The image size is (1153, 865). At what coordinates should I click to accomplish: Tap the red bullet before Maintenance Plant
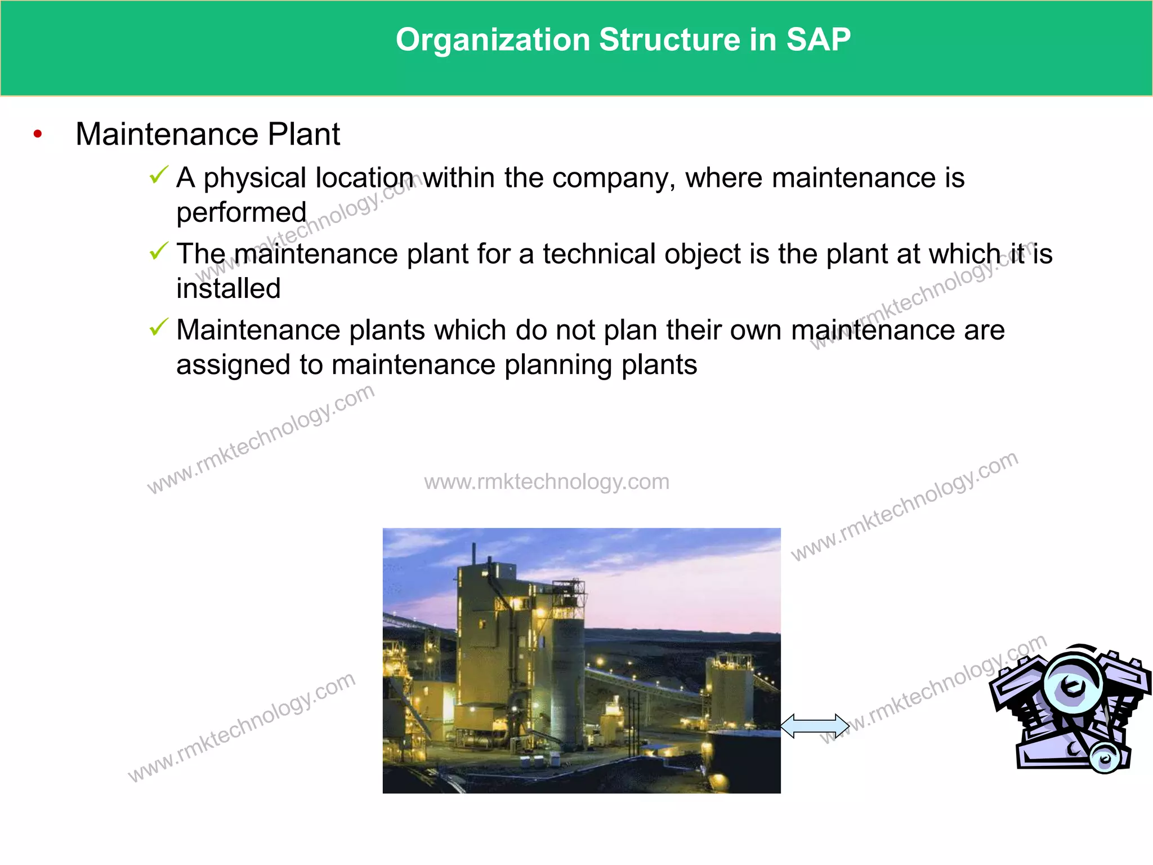pos(38,134)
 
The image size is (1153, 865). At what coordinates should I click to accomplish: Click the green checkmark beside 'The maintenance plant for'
pos(159,251)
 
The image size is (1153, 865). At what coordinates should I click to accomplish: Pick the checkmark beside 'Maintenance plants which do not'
pos(159,327)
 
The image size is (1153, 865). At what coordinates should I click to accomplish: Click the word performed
pos(241,213)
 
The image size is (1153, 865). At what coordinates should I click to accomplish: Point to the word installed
pos(228,289)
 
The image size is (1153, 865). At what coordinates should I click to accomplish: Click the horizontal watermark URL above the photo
pos(547,482)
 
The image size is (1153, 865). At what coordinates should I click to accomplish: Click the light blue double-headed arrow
pos(814,726)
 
